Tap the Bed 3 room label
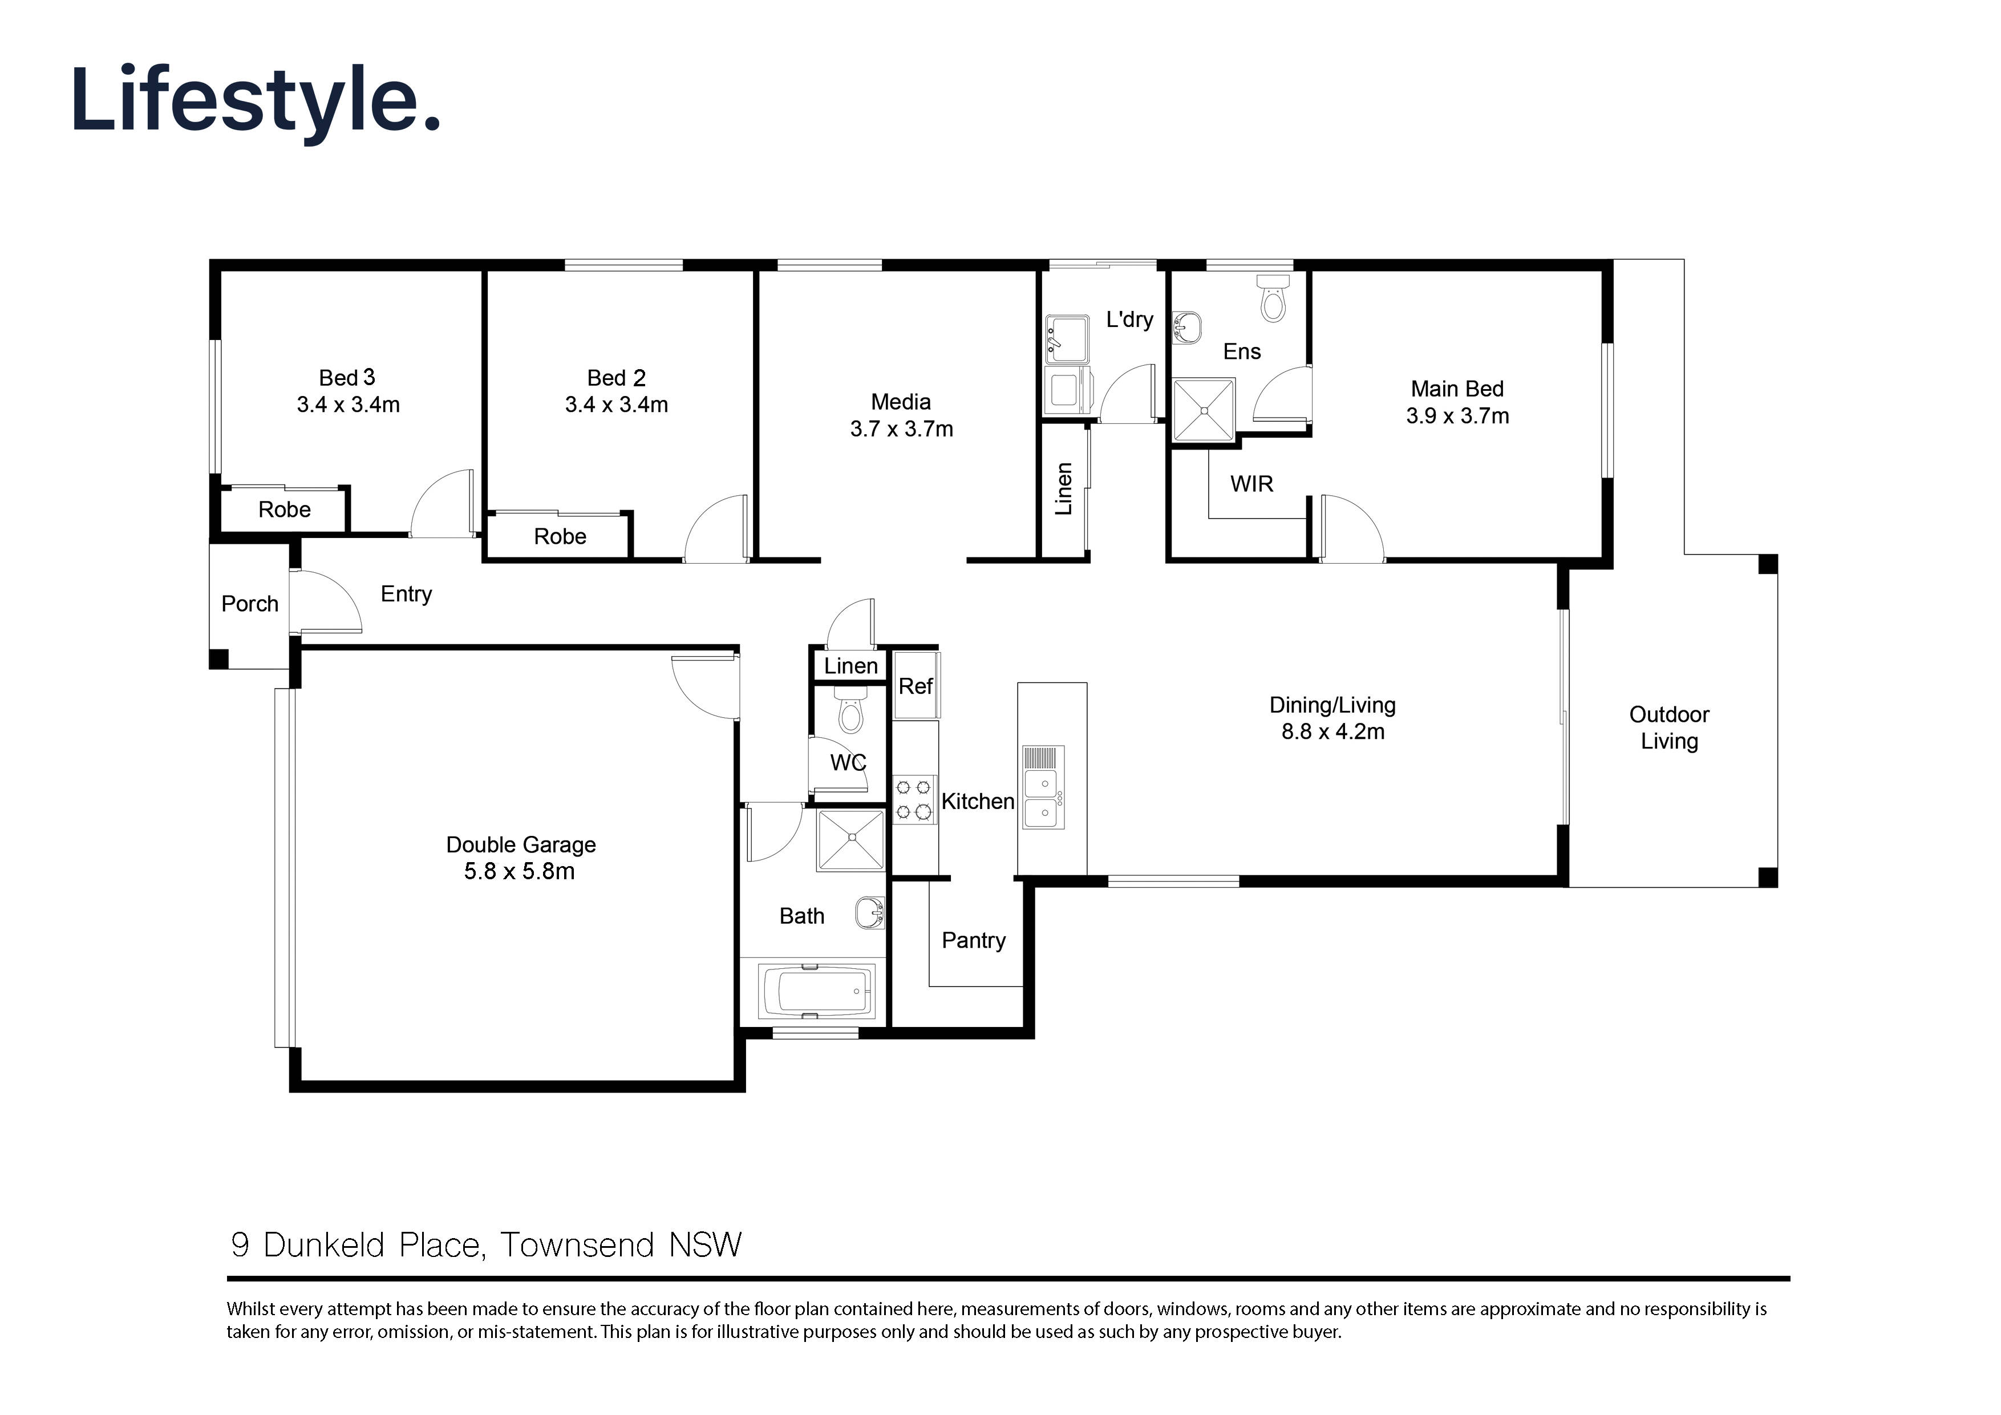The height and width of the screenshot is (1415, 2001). click(x=347, y=378)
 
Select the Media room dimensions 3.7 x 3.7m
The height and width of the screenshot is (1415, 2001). click(x=901, y=429)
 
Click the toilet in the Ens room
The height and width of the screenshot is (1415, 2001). click(x=1273, y=298)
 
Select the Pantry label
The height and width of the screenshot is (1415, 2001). click(x=974, y=941)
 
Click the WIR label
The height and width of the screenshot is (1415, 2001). click(x=1251, y=484)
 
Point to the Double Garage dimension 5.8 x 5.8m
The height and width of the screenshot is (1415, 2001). click(x=520, y=871)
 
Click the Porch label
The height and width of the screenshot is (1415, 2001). click(x=249, y=603)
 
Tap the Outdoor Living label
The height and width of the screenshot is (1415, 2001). click(x=1669, y=728)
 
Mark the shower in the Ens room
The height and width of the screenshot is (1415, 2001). click(x=1204, y=409)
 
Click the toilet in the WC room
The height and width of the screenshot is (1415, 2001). click(x=850, y=712)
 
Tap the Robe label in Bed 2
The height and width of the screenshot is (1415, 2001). click(x=560, y=536)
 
